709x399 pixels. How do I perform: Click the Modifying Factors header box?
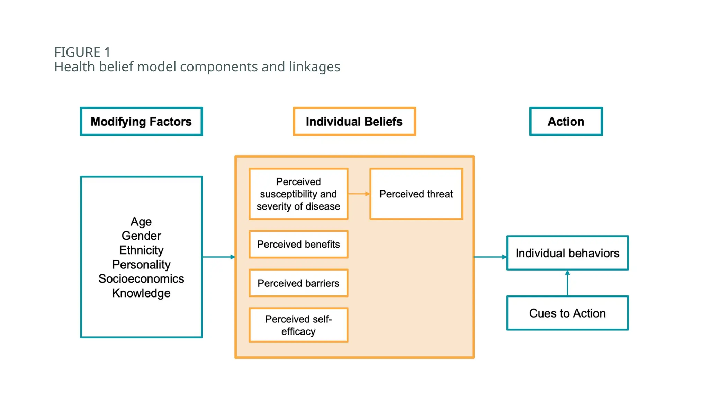141,122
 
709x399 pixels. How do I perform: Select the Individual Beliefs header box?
354,122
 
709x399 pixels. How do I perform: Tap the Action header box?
566,122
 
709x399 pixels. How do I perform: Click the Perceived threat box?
416,194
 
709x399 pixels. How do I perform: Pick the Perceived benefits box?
298,245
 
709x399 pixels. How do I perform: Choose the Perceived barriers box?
298,283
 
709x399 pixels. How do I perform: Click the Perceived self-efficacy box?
298,325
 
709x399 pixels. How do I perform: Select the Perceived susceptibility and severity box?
298,194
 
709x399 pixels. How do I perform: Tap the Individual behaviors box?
567,253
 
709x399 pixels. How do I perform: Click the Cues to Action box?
567,313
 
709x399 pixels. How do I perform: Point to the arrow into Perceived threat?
359,194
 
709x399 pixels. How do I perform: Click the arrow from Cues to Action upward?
567,283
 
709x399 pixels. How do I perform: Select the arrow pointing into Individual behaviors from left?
490,257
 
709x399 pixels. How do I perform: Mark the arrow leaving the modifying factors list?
218,257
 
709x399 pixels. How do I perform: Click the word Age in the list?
141,222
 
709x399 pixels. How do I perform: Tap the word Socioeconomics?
141,279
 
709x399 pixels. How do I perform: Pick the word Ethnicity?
141,250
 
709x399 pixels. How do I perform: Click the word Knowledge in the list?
141,293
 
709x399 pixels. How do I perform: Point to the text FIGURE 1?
82,52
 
